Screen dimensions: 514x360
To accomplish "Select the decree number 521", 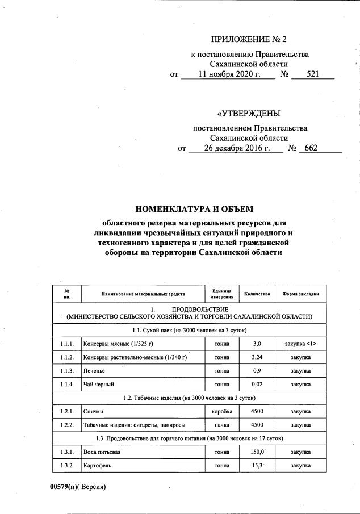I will click(x=313, y=74).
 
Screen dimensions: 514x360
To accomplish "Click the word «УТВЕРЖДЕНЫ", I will click(x=249, y=113).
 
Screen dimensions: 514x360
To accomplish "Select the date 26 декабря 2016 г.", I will click(x=235, y=148).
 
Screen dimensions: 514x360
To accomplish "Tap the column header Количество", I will click(x=256, y=294).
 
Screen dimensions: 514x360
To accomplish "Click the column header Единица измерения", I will click(x=222, y=294).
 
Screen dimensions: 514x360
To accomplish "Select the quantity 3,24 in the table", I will click(x=256, y=357).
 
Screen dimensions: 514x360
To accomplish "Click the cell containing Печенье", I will click(x=95, y=370).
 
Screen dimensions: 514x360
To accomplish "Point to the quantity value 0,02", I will click(x=256, y=384).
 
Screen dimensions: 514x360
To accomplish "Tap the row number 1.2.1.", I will click(x=66, y=410).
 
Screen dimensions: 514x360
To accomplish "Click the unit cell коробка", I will click(x=222, y=410).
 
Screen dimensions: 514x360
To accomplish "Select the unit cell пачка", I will click(x=222, y=424).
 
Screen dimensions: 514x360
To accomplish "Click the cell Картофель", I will click(x=97, y=465).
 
